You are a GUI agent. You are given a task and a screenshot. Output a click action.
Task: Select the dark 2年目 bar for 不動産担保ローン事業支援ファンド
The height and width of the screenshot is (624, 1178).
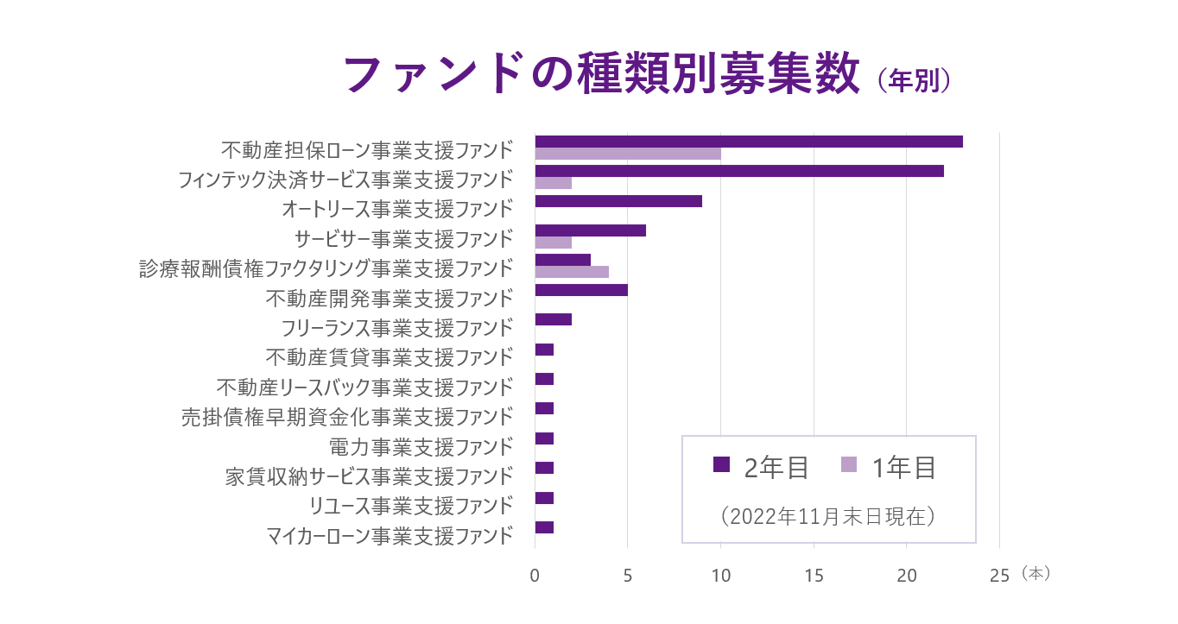(748, 142)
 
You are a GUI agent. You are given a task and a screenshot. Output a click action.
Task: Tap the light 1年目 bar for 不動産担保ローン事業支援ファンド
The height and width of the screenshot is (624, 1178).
(628, 154)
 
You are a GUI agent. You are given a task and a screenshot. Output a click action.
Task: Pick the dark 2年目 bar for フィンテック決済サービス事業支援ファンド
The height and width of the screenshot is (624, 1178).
(738, 171)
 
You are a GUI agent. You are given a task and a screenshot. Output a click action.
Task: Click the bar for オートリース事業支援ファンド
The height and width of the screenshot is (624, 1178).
(618, 201)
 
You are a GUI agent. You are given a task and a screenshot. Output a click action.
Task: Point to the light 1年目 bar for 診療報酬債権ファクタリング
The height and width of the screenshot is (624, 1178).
(572, 272)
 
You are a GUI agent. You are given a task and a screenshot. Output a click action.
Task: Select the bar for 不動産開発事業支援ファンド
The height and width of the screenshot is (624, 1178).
(581, 290)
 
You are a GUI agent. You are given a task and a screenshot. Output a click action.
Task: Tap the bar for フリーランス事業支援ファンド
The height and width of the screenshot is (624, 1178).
(554, 319)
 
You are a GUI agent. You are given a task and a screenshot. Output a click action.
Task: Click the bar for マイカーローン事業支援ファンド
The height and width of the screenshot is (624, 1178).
(544, 527)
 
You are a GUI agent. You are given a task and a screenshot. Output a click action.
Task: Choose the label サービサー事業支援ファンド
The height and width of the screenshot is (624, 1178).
(403, 239)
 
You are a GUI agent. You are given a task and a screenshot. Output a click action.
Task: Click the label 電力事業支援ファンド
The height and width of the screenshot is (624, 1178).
(421, 447)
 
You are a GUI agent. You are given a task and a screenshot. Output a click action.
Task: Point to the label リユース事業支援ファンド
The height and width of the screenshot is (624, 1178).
(411, 506)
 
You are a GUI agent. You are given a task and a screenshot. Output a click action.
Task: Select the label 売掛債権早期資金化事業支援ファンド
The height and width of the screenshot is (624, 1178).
(347, 417)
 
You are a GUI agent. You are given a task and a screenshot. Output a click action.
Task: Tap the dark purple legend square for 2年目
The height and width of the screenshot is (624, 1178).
(721, 464)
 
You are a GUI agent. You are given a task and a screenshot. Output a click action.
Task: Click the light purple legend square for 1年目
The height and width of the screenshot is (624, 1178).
(848, 464)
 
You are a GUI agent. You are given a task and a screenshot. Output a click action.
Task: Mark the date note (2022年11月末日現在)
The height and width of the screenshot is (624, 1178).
(828, 516)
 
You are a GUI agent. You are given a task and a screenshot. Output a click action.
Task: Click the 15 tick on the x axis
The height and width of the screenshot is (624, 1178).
(814, 576)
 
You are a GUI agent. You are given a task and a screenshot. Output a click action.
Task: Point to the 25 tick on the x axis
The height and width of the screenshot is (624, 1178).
(999, 576)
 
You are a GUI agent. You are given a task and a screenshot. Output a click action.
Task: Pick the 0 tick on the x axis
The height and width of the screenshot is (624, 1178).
(535, 576)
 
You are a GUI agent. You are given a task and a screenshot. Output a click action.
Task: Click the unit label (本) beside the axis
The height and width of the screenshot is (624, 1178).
(1035, 573)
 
